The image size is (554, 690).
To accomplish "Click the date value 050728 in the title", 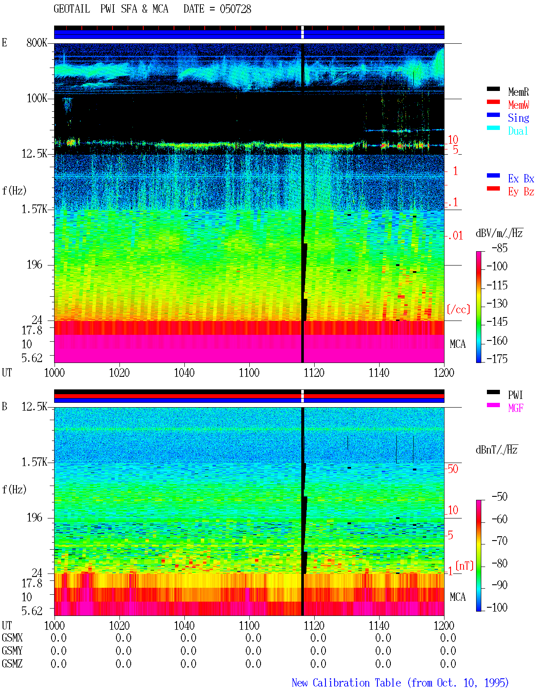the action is (x=235, y=9).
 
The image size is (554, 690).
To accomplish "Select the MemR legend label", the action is (x=519, y=92).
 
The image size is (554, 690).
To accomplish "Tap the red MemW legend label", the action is (x=519, y=105).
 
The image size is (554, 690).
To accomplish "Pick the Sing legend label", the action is (x=519, y=118).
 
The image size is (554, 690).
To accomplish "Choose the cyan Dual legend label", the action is (x=518, y=131).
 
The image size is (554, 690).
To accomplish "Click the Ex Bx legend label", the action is (x=521, y=178).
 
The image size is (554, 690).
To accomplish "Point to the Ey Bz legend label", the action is (x=521, y=192).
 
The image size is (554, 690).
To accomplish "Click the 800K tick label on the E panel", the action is (x=37, y=42).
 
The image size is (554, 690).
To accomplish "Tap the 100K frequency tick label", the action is (x=37, y=98).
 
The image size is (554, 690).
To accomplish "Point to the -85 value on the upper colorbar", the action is (x=499, y=248).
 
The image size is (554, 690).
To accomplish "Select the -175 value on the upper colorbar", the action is (x=497, y=359).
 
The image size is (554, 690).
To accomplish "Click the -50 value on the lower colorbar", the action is (x=499, y=497).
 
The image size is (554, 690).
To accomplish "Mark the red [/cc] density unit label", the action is (x=458, y=309).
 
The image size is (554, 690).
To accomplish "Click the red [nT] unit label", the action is (x=464, y=566).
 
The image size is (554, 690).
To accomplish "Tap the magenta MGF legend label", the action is (x=516, y=408).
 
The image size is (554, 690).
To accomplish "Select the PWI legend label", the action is (x=515, y=395).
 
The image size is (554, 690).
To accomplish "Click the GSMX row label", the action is (x=12, y=638).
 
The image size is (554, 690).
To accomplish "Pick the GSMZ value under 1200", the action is (x=448, y=664).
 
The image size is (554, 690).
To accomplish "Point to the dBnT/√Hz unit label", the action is (x=496, y=450).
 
